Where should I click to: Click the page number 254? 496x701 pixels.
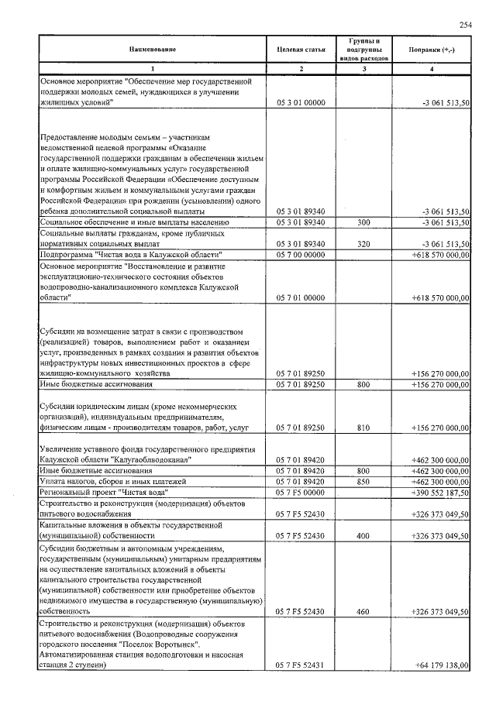point(465,25)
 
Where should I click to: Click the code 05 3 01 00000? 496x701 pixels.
point(300,102)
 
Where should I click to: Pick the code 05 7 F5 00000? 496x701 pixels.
point(300,492)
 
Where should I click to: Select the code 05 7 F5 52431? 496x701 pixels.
point(300,665)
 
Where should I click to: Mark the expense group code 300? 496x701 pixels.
point(363,222)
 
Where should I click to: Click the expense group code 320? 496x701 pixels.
point(363,243)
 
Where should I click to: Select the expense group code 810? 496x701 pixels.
point(363,427)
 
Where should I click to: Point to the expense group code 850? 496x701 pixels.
point(363,481)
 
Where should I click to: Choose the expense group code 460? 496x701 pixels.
point(363,611)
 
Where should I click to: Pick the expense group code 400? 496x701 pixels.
point(363,535)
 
